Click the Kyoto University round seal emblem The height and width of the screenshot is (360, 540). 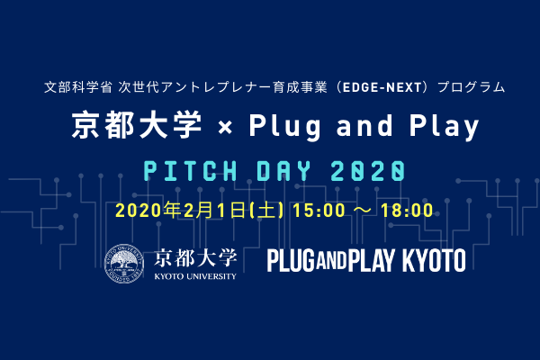(124, 264)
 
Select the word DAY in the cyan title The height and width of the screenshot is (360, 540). (283, 171)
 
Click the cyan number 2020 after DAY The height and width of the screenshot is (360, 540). (368, 171)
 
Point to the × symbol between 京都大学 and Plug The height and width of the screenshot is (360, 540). (225, 128)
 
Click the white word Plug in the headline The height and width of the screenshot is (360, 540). (285, 126)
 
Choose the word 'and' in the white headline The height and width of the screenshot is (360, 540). (364, 125)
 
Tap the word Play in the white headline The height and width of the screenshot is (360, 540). (444, 127)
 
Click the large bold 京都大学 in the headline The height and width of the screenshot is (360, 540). (137, 125)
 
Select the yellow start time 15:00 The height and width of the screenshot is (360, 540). (319, 211)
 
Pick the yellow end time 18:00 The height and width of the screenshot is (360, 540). (407, 211)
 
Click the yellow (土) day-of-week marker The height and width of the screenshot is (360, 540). (266, 210)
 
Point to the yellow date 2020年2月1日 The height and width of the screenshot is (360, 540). (181, 210)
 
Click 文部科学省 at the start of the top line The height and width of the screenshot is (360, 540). (77, 87)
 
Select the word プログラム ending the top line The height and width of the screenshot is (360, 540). (471, 87)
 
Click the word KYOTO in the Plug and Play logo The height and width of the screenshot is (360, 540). (434, 261)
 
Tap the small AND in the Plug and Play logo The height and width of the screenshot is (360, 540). (331, 261)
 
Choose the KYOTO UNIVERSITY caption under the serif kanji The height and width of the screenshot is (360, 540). (195, 276)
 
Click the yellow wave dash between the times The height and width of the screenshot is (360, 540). (363, 211)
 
